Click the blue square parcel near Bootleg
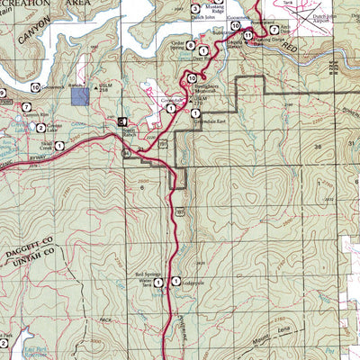(x=80, y=96)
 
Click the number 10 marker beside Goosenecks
(x=235, y=25)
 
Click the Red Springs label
(x=146, y=277)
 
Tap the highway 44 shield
(x=128, y=155)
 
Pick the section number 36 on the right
(x=316, y=145)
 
